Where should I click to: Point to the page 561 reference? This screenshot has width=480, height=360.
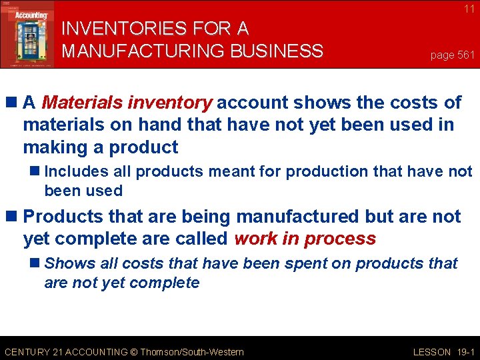click(452, 55)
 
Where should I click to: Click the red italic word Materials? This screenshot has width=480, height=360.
click(81, 103)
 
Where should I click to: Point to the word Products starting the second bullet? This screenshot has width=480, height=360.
click(61, 217)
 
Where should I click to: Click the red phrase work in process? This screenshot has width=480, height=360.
click(305, 239)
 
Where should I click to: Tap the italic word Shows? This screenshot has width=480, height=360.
click(67, 263)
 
